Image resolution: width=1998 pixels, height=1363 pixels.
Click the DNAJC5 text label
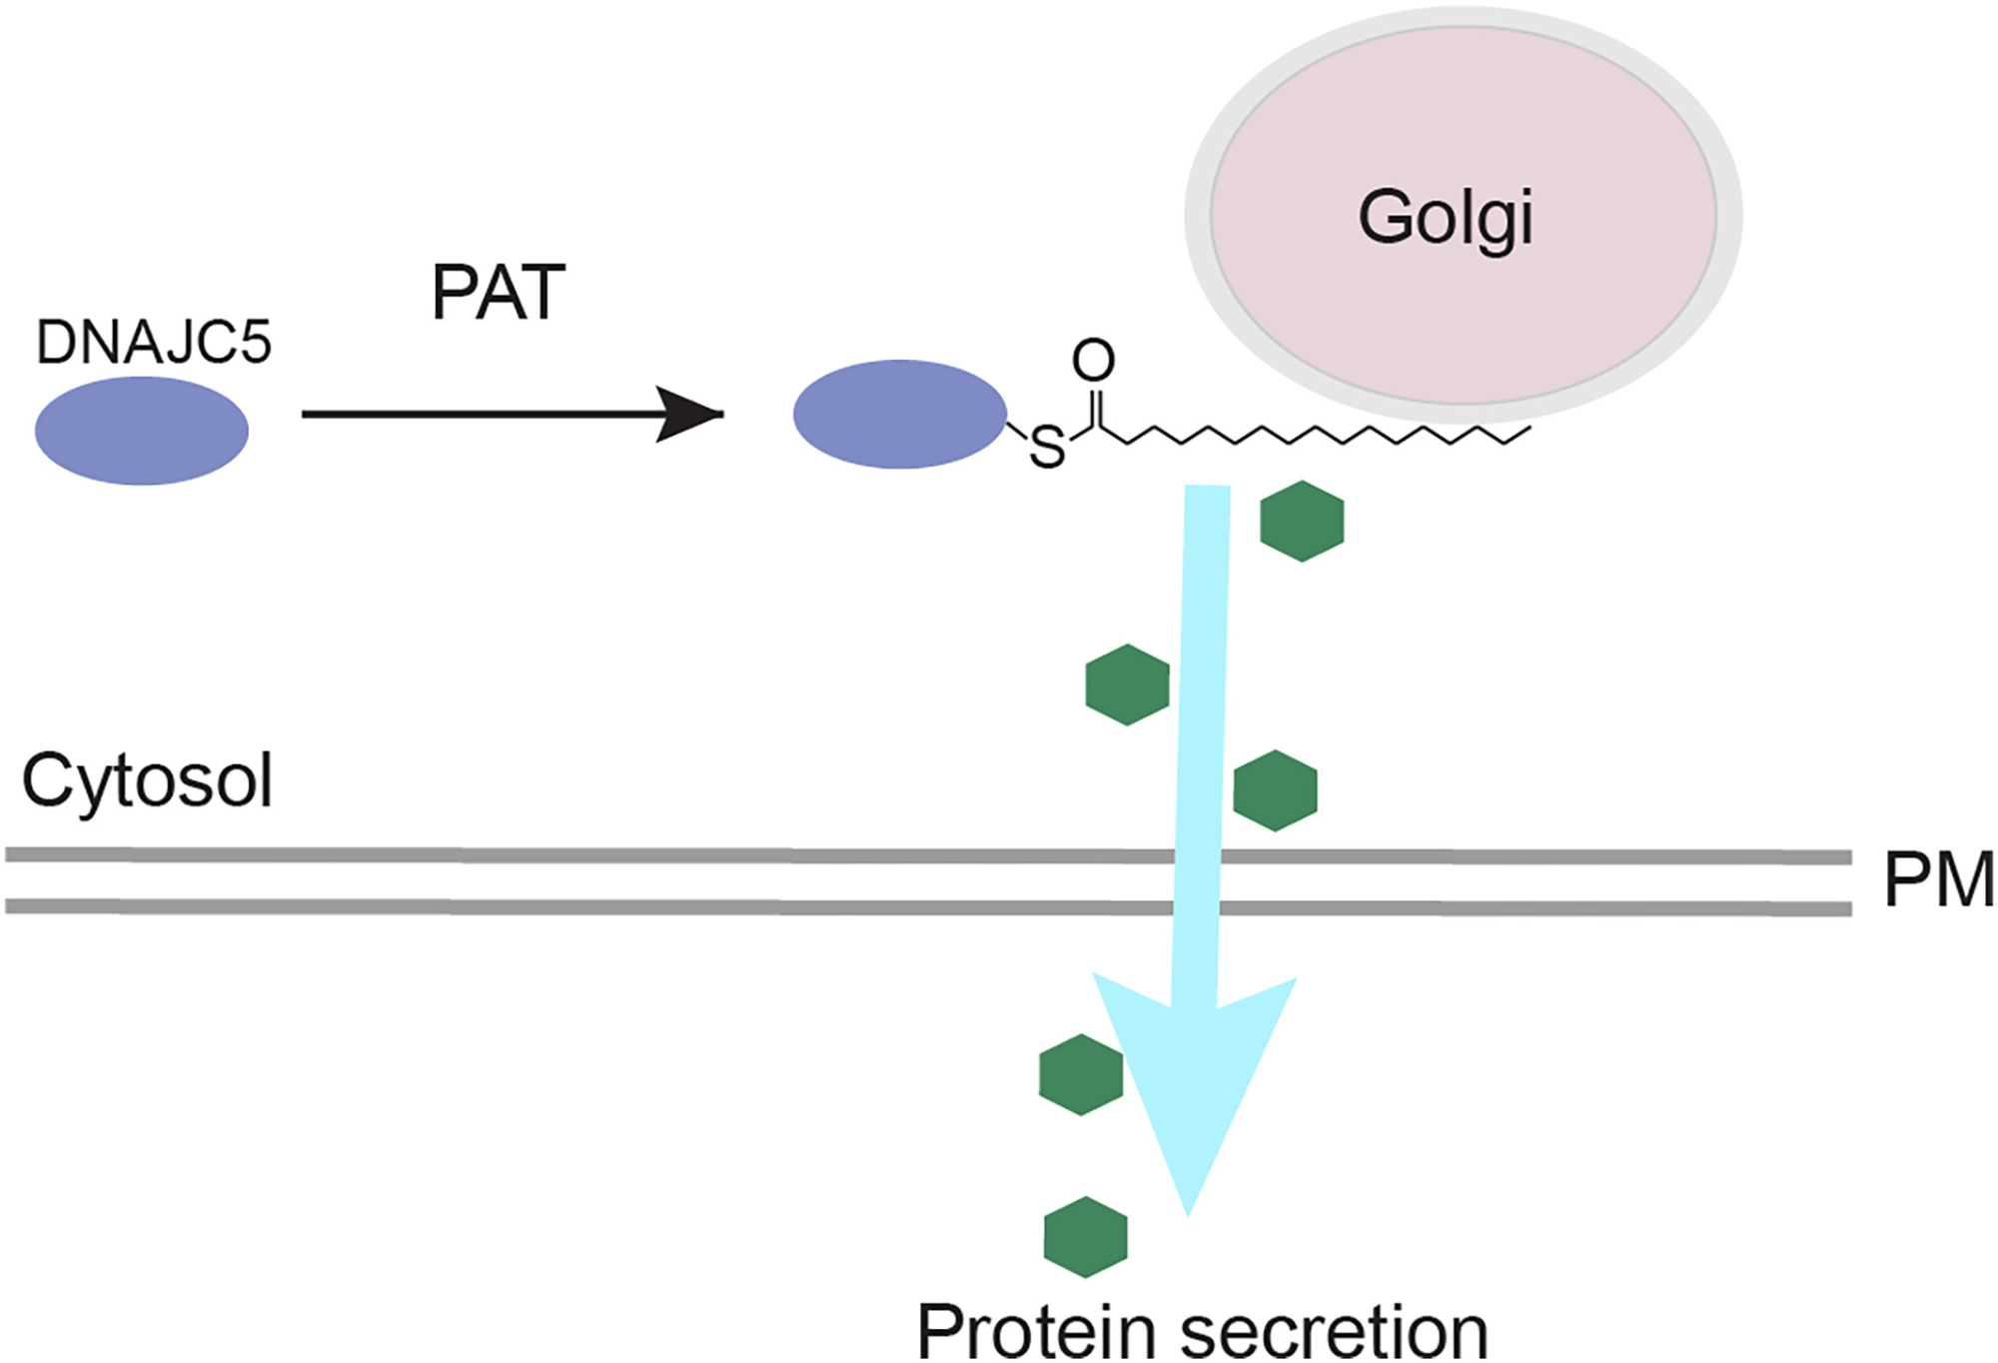[153, 343]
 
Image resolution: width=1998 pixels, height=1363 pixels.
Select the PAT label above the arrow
[499, 293]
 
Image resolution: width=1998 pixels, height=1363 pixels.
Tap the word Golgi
[1445, 219]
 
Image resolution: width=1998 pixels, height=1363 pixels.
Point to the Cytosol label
[147, 781]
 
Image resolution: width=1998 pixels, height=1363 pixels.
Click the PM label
[1938, 880]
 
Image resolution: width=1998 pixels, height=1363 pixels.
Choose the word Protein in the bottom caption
[1038, 1332]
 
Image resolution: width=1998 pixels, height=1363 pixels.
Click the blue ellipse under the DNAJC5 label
[142, 431]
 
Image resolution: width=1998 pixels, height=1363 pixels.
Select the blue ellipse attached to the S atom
[899, 414]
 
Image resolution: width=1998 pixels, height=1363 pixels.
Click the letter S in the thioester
[1047, 448]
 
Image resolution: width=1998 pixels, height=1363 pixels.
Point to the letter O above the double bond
[1093, 361]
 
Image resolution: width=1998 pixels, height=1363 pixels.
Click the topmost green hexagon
[1302, 521]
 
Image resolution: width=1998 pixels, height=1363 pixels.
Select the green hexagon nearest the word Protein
[1085, 1237]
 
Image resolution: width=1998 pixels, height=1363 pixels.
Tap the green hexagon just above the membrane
[1275, 790]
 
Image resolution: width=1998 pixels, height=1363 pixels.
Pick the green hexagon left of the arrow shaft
[1127, 684]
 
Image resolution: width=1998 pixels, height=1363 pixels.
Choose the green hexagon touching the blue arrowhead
[1079, 1075]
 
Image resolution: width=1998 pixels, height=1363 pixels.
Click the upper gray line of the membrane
[599, 855]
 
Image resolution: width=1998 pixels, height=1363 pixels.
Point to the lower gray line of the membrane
[599, 906]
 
